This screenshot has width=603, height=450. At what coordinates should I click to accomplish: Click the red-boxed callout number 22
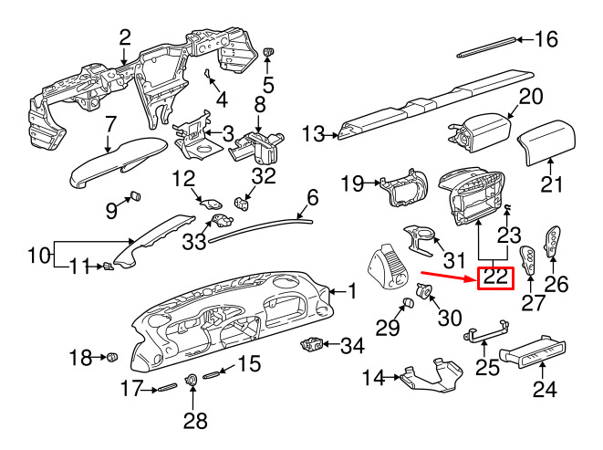click(x=495, y=277)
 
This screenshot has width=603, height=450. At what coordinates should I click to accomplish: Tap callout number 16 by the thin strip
click(x=546, y=39)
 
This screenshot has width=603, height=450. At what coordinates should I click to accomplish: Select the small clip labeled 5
click(x=268, y=52)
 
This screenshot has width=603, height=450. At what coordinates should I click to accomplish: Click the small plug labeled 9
click(x=136, y=196)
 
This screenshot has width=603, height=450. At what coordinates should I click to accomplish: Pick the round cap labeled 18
click(x=112, y=357)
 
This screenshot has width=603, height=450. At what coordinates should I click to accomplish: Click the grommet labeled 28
click(x=192, y=380)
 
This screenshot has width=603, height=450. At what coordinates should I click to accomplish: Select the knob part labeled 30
click(x=424, y=289)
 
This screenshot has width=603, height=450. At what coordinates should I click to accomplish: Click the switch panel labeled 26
click(x=552, y=241)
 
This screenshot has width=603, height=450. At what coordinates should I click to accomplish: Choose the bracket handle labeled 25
click(x=486, y=332)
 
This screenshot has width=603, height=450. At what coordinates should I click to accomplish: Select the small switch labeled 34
click(x=312, y=344)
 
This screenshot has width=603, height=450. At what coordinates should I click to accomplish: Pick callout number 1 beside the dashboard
click(x=352, y=291)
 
